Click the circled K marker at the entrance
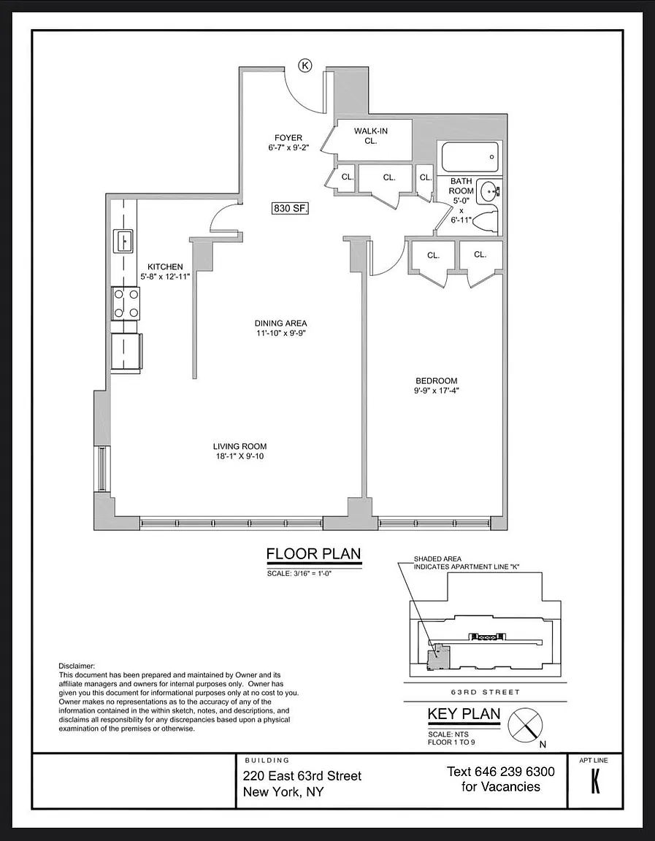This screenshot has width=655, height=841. coord(305,66)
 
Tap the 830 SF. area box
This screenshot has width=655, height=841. coord(291,208)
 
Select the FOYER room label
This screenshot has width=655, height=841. coord(288,138)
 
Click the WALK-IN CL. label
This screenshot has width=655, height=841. coord(371,136)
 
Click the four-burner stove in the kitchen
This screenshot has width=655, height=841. coord(126,304)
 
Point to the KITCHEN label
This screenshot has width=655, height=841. coord(165,266)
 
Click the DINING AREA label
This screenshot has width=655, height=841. coord(280,323)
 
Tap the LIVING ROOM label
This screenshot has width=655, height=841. coord(240,446)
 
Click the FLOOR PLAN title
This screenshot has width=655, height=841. coord(314,554)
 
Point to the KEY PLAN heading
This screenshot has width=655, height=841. coord(464,715)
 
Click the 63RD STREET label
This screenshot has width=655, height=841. coord(485,692)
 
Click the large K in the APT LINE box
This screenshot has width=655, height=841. coord(595,782)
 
